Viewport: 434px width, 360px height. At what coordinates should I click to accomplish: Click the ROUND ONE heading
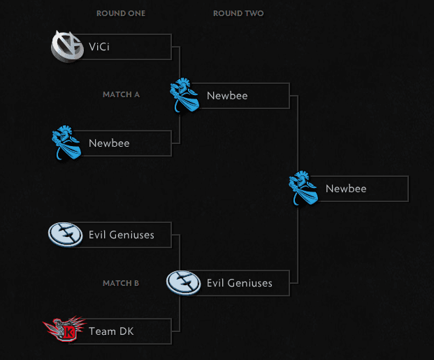click(x=121, y=13)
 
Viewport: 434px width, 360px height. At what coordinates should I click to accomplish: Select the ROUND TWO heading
click(x=238, y=13)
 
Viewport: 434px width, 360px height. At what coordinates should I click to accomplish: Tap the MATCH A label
click(x=121, y=94)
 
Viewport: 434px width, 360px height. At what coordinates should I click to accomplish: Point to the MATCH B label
click(x=121, y=283)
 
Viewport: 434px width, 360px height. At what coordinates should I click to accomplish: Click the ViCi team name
click(x=99, y=47)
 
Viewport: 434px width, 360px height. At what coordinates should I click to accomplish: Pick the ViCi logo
click(x=67, y=46)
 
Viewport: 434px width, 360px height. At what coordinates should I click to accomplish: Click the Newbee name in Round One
click(x=109, y=143)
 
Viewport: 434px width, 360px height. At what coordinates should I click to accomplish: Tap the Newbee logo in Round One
click(x=67, y=143)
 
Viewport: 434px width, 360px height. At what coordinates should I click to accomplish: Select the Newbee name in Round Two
click(x=227, y=95)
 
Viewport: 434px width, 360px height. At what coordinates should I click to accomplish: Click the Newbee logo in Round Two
click(x=185, y=94)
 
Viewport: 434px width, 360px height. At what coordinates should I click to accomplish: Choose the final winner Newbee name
click(x=346, y=189)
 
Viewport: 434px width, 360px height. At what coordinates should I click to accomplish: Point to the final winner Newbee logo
click(x=303, y=188)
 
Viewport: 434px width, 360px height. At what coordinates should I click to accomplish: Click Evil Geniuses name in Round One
click(x=122, y=235)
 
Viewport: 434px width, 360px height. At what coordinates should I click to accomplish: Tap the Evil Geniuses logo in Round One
click(x=65, y=235)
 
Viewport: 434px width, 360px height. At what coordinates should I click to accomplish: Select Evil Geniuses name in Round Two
click(x=240, y=283)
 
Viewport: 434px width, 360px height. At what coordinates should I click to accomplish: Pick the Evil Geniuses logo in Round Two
click(x=183, y=283)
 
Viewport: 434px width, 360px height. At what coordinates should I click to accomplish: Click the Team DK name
click(x=111, y=331)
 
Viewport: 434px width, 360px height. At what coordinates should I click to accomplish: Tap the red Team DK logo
click(x=64, y=330)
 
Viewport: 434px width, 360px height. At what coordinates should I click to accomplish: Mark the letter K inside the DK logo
click(x=69, y=331)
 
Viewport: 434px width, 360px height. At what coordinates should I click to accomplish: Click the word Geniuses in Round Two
click(x=252, y=283)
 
